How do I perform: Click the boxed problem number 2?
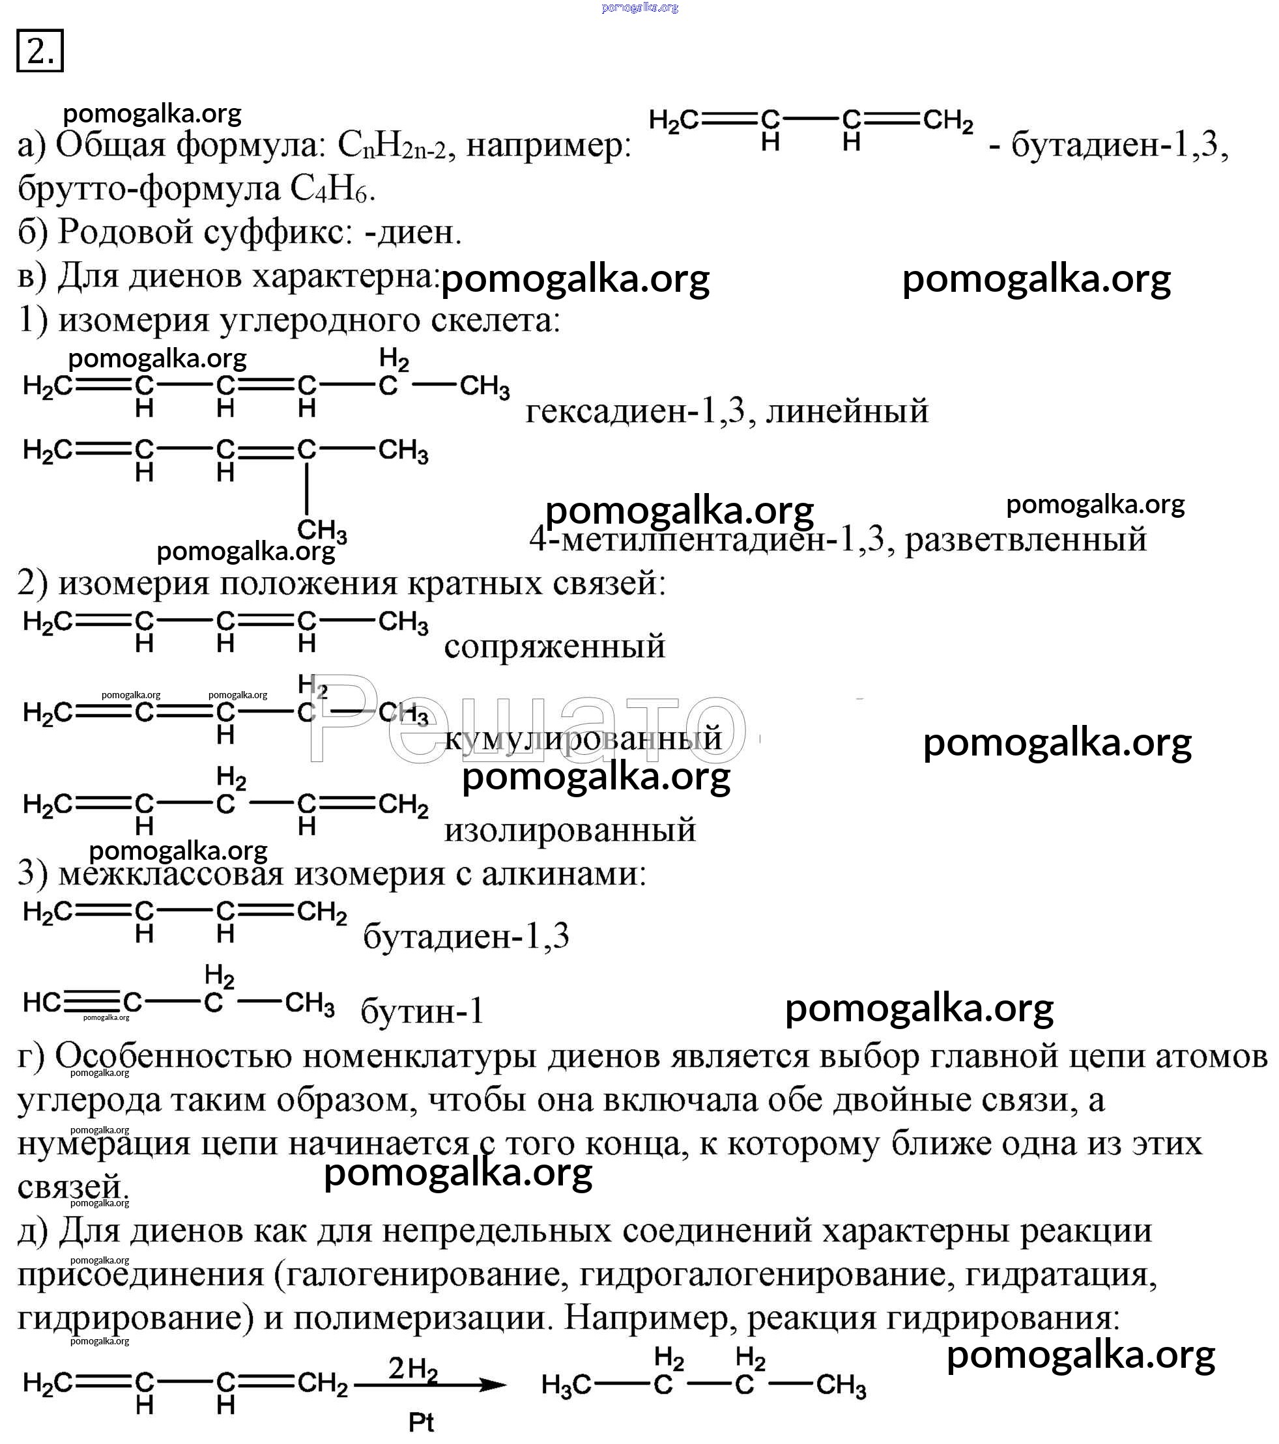40,50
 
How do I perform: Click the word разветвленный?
1026,540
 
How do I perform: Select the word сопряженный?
554,646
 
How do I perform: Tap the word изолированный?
569,829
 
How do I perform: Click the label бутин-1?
422,1012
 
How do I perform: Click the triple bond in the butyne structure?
93,1002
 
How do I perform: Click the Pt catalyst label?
421,1422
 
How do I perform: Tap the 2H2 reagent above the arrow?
412,1369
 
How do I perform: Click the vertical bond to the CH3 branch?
306,489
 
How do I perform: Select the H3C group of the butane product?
566,1386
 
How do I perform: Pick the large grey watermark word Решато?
526,719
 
